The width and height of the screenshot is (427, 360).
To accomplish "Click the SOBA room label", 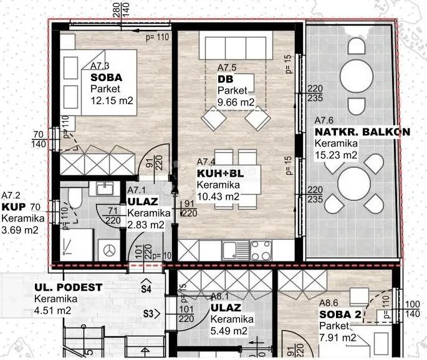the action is [106, 77].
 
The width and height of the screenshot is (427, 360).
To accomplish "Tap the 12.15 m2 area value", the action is [112, 101].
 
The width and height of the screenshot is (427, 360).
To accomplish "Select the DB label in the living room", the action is [226, 79].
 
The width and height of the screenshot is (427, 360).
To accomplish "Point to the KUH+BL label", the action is [220, 173].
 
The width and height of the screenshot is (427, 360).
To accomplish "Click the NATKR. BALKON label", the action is [362, 132].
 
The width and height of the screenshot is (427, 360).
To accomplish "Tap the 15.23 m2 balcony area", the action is [336, 155].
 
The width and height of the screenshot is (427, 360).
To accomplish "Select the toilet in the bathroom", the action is [75, 195].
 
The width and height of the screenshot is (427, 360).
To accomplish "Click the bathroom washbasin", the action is [105, 188].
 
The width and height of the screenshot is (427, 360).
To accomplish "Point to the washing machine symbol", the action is [109, 250].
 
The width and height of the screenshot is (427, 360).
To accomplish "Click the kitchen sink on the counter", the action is [236, 250].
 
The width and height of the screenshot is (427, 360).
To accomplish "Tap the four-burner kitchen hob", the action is [261, 250].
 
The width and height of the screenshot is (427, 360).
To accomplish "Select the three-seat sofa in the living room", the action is [236, 46].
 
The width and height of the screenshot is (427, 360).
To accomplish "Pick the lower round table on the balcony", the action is [354, 183].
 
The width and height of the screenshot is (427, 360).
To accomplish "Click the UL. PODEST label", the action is [69, 287].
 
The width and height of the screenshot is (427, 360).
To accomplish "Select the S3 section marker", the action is [151, 314].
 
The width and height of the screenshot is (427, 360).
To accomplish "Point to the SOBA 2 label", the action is [340, 314].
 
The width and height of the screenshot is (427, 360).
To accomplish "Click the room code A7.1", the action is [137, 190].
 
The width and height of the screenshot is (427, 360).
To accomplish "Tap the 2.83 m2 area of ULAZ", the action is [146, 225].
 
